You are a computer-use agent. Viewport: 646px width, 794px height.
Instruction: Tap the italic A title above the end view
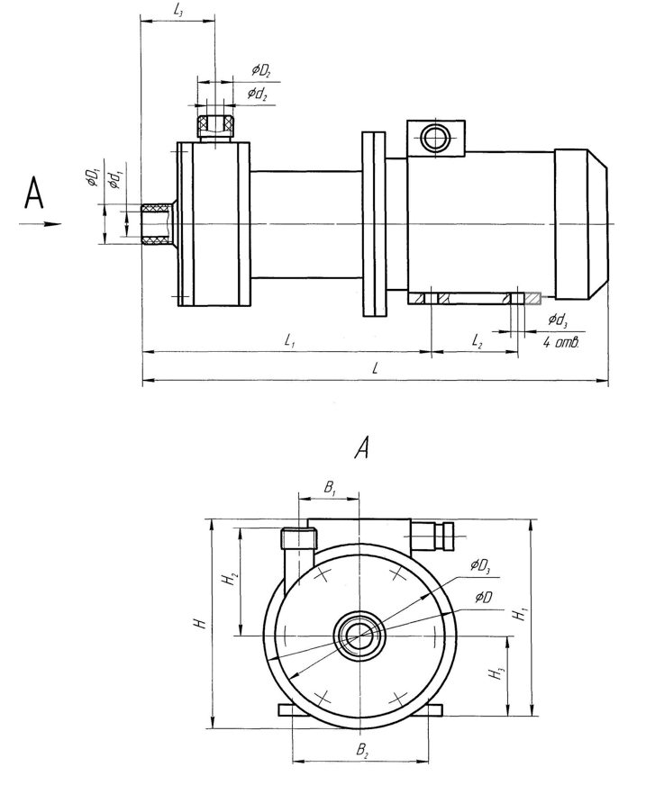click(364, 448)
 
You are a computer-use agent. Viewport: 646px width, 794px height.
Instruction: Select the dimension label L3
click(177, 10)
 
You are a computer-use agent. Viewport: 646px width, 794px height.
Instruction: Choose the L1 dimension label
click(288, 340)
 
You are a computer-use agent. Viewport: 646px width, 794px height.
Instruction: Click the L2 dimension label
click(477, 340)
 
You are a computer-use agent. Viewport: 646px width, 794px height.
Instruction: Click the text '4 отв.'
click(560, 344)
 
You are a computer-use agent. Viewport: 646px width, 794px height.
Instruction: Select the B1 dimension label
click(331, 487)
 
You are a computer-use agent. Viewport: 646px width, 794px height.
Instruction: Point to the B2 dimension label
click(361, 749)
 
